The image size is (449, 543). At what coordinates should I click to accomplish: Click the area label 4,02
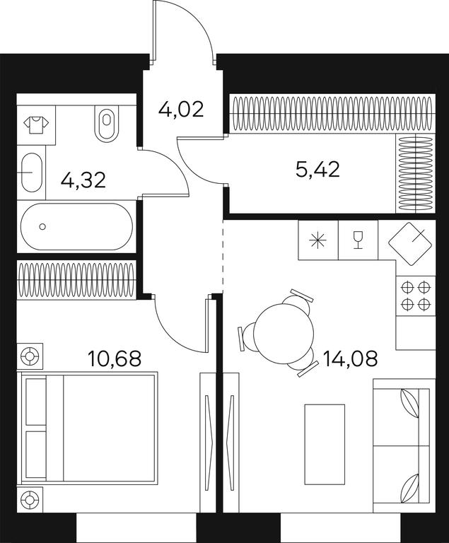pyautogui.click(x=181, y=110)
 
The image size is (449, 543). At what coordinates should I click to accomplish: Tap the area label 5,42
pyautogui.click(x=317, y=170)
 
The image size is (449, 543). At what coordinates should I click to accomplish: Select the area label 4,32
pyautogui.click(x=83, y=180)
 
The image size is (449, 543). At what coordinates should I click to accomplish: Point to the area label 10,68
pyautogui.click(x=115, y=358)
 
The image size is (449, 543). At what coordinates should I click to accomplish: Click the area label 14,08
pyautogui.click(x=350, y=358)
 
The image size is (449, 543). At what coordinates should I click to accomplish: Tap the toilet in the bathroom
pyautogui.click(x=107, y=123)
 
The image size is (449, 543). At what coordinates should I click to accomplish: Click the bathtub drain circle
pyautogui.click(x=42, y=226)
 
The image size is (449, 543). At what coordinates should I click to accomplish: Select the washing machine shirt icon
pyautogui.click(x=36, y=125)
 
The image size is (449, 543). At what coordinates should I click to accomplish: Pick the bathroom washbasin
pyautogui.click(x=32, y=172)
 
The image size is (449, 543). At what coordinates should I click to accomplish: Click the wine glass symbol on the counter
pyautogui.click(x=358, y=240)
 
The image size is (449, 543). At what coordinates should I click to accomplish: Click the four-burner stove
pyautogui.click(x=415, y=296)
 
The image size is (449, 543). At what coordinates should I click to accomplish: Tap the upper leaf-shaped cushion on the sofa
pyautogui.click(x=410, y=404)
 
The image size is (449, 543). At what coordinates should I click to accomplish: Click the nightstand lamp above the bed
pyautogui.click(x=30, y=356)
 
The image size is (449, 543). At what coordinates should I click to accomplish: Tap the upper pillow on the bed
pyautogui.click(x=36, y=402)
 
